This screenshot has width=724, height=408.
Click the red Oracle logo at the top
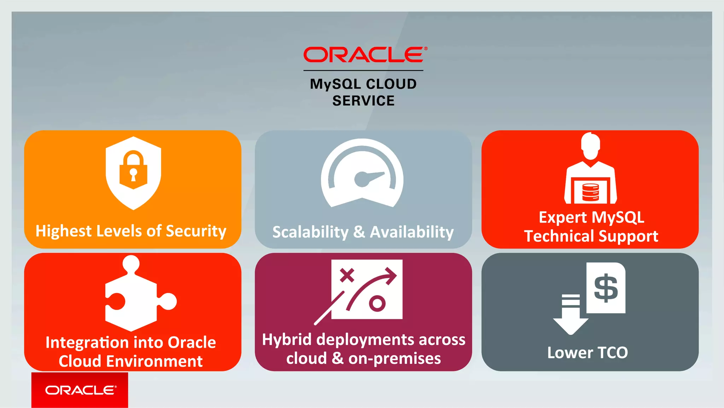point(364,54)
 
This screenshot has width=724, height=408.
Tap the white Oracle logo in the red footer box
point(80,390)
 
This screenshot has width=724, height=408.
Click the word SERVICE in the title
point(363,101)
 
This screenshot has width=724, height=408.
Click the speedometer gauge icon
point(362,173)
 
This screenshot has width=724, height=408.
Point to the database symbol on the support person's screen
point(590,192)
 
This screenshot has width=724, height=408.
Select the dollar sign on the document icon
point(606,288)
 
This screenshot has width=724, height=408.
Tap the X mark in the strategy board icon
point(347,275)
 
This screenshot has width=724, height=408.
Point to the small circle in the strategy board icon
point(377,303)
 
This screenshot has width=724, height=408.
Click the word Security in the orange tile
point(196,231)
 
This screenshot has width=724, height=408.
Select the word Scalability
point(310,232)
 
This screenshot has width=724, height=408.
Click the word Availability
point(411,232)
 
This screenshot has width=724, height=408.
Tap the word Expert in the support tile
point(562,218)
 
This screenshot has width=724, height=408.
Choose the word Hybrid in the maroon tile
point(287,340)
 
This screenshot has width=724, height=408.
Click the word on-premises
point(395,359)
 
